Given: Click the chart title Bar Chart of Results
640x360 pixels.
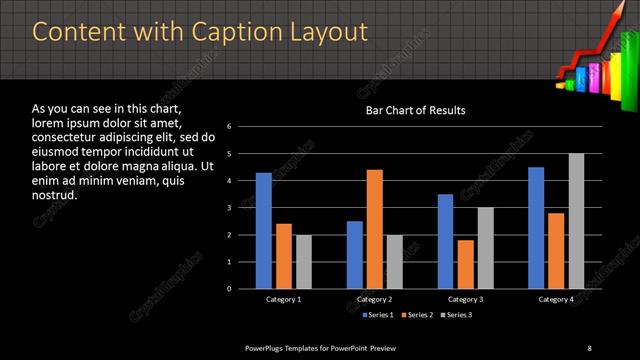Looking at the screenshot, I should point(415,110).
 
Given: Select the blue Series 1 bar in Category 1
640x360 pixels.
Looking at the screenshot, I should point(263,231).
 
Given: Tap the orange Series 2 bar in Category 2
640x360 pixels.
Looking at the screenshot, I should point(375,229).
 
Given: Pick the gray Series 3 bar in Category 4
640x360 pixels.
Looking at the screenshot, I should point(576,221).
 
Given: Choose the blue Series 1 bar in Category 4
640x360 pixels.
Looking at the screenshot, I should point(536,228).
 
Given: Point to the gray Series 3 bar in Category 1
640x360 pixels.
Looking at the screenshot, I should point(303,262).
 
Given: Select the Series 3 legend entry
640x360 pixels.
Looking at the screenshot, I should point(456,316).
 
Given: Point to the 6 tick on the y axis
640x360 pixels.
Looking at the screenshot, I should point(230,127).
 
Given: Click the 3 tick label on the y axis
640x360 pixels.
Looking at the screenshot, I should point(230,208).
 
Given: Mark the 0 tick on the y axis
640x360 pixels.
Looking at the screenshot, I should point(230,289).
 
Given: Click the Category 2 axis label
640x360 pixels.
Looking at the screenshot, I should point(374,300).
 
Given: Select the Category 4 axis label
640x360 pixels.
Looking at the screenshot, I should point(556,300).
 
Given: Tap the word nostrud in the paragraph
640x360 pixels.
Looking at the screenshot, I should point(55,195).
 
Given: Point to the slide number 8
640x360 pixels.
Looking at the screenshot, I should point(589,347).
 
